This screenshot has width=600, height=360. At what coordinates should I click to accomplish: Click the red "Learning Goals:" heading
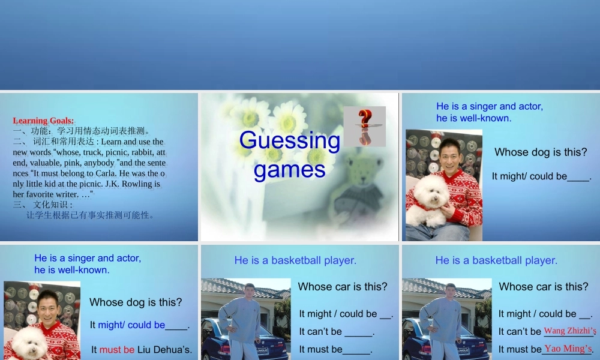[43, 121]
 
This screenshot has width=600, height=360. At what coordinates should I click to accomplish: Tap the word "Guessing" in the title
[290, 140]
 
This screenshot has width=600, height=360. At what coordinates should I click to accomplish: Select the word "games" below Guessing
[290, 169]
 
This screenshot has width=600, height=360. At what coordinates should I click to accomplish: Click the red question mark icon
[365, 126]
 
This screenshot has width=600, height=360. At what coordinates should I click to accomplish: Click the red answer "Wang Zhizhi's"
[570, 331]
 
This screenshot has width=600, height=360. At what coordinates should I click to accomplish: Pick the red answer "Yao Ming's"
[568, 349]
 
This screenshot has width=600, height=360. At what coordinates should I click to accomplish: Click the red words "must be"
[117, 350]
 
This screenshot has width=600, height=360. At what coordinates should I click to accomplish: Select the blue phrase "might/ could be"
[131, 325]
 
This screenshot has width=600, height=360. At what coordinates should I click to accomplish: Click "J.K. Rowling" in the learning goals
[129, 184]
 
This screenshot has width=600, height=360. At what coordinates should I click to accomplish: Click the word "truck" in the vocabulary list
[92, 152]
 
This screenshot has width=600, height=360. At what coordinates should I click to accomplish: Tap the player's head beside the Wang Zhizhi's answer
[451, 290]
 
